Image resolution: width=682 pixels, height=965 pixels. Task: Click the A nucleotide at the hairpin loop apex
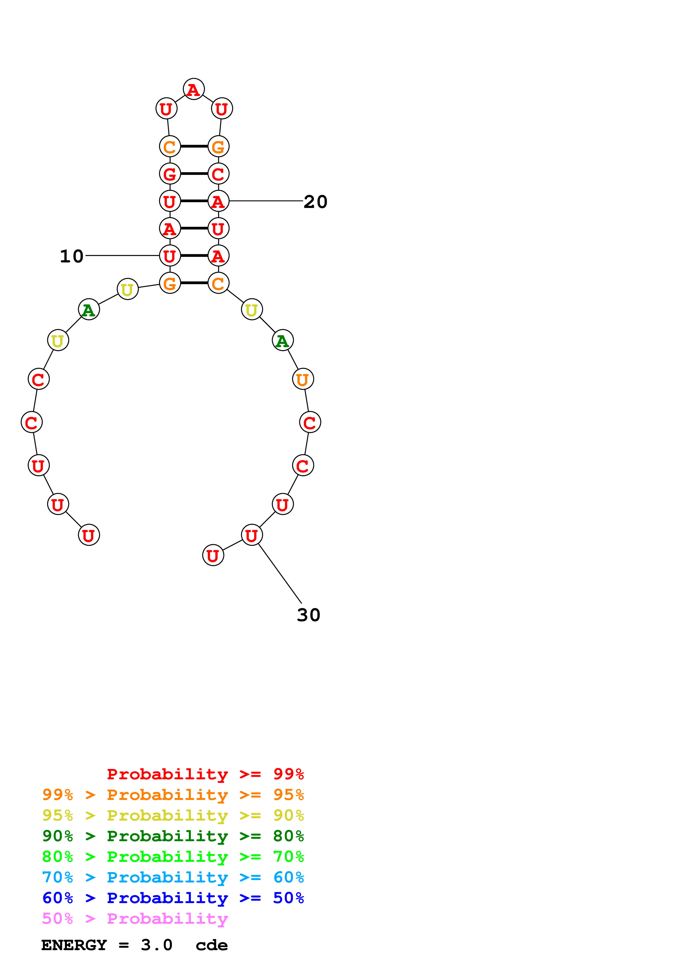click(x=193, y=89)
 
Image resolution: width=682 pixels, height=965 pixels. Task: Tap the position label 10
click(x=72, y=256)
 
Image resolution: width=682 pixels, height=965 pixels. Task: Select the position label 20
click(x=315, y=202)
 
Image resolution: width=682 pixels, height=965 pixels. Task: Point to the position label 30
click(x=308, y=615)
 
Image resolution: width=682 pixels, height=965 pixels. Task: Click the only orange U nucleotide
click(x=303, y=379)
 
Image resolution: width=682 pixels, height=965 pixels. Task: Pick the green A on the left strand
click(x=89, y=310)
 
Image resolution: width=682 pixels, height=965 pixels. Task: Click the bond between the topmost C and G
click(x=194, y=146)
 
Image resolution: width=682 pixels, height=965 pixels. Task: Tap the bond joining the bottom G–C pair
click(x=194, y=283)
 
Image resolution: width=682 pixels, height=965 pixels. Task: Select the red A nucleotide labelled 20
click(x=218, y=201)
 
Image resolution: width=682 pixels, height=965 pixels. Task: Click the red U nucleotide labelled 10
click(x=170, y=256)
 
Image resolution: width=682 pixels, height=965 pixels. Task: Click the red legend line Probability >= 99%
click(x=205, y=774)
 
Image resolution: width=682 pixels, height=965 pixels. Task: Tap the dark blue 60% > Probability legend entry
click(x=173, y=898)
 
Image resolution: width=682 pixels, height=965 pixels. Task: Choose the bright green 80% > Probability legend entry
click(x=173, y=857)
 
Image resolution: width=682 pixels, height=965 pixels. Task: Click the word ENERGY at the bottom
click(x=74, y=945)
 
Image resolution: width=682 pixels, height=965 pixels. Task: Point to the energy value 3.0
click(x=156, y=945)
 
